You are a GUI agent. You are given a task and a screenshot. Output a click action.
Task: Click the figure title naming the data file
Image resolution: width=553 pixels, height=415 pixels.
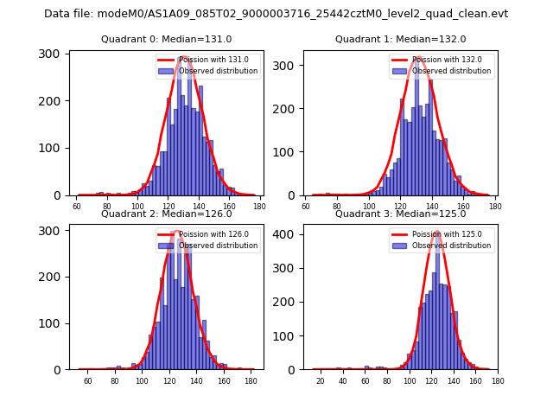coord(276,14)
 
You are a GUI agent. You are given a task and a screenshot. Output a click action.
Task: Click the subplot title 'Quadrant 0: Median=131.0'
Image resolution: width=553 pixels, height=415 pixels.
coord(166,39)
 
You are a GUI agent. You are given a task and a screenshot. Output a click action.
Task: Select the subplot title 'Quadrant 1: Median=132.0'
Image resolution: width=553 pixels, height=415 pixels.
coord(400,39)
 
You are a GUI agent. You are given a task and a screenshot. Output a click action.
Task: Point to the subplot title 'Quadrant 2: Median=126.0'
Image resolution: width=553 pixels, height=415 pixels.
coord(166,214)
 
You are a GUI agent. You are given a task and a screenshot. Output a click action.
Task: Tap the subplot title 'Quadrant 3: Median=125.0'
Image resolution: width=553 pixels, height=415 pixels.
coord(400,214)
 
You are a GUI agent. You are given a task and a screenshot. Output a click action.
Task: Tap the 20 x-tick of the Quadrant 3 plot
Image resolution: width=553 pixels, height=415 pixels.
coord(321,381)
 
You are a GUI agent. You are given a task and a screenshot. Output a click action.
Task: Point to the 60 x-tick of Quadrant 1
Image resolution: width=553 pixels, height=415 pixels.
coord(306,207)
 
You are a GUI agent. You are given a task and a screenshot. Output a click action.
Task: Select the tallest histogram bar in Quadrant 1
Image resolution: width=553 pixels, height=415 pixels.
coord(416,130)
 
